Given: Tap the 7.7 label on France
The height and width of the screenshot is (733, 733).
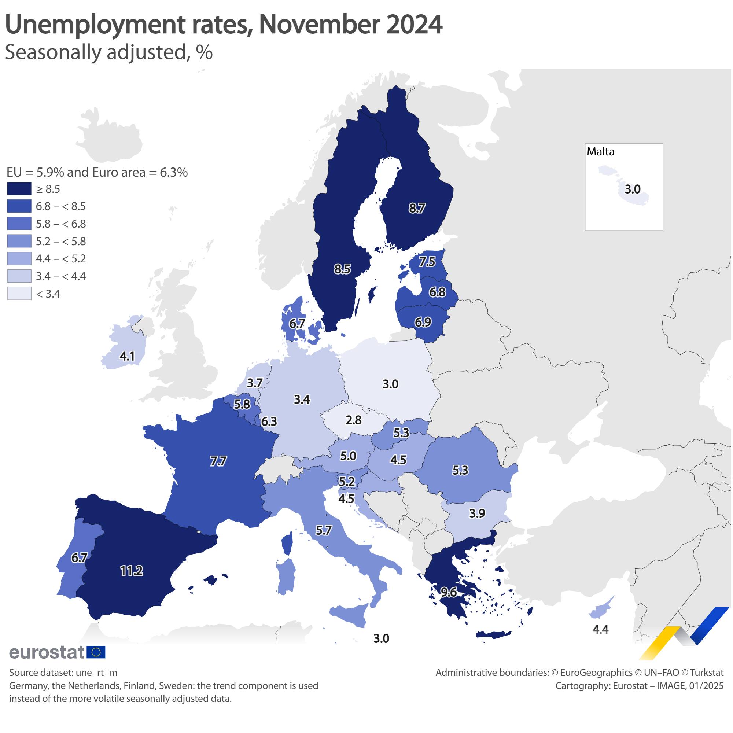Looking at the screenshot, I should [218, 461].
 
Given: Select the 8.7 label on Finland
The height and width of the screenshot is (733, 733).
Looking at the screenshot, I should [417, 208].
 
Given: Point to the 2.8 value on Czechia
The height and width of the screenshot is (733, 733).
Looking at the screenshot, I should [353, 420].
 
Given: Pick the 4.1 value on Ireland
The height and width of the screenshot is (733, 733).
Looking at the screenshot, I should [127, 356].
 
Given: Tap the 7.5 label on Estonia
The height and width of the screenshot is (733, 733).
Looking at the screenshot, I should [427, 261].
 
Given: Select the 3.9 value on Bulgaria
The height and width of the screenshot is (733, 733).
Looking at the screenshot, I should [477, 513].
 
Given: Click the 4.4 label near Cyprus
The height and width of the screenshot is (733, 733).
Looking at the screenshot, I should [600, 630].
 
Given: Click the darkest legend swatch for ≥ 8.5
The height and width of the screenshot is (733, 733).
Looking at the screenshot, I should [19, 189].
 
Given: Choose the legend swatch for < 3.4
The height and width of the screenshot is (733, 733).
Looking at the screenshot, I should [19, 294].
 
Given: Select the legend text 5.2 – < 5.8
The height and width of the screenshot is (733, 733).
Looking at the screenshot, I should [61, 241].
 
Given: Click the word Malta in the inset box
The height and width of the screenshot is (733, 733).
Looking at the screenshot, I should [601, 152].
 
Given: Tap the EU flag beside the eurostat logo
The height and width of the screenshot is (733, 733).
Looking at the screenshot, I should [96, 652].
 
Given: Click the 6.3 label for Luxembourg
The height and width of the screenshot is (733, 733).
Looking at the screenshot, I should [269, 421].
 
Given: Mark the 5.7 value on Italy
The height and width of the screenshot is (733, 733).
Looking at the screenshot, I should [324, 530].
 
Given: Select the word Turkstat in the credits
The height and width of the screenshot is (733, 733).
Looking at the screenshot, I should [707, 673].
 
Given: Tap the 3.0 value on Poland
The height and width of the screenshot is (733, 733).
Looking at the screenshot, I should [390, 384].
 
